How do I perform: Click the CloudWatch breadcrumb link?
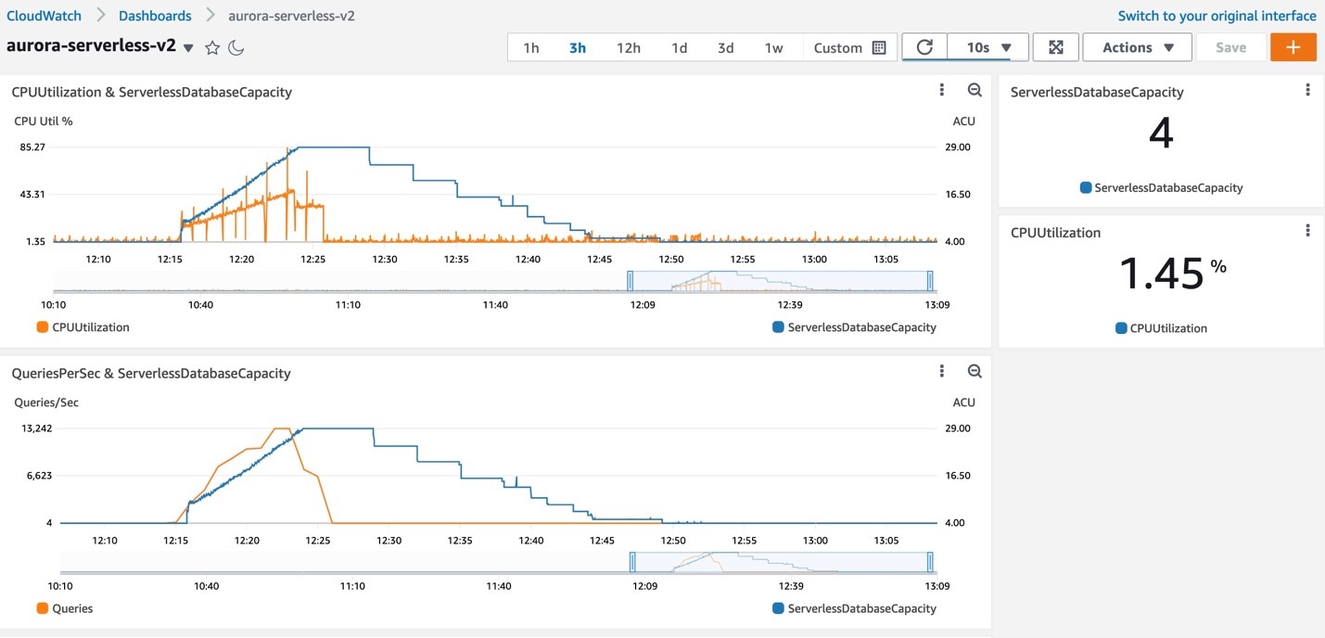coord(44,16)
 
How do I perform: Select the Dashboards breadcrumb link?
coord(155,16)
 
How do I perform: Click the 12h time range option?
coord(628,48)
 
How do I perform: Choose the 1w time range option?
coord(773,48)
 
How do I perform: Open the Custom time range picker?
coord(849,48)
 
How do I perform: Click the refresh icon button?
coord(924,47)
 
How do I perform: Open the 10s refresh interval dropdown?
coord(988,47)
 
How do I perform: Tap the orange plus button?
coord(1293,47)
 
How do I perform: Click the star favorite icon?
coord(212,48)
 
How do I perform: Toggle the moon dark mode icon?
coord(236,48)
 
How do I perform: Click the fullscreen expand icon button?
coord(1055,47)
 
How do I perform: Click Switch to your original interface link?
coord(1217,16)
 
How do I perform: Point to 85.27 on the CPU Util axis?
coord(32,147)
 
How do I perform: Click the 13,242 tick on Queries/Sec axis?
coord(32,428)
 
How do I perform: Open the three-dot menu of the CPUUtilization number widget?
coord(1307,231)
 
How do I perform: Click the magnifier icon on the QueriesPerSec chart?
coord(975,372)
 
